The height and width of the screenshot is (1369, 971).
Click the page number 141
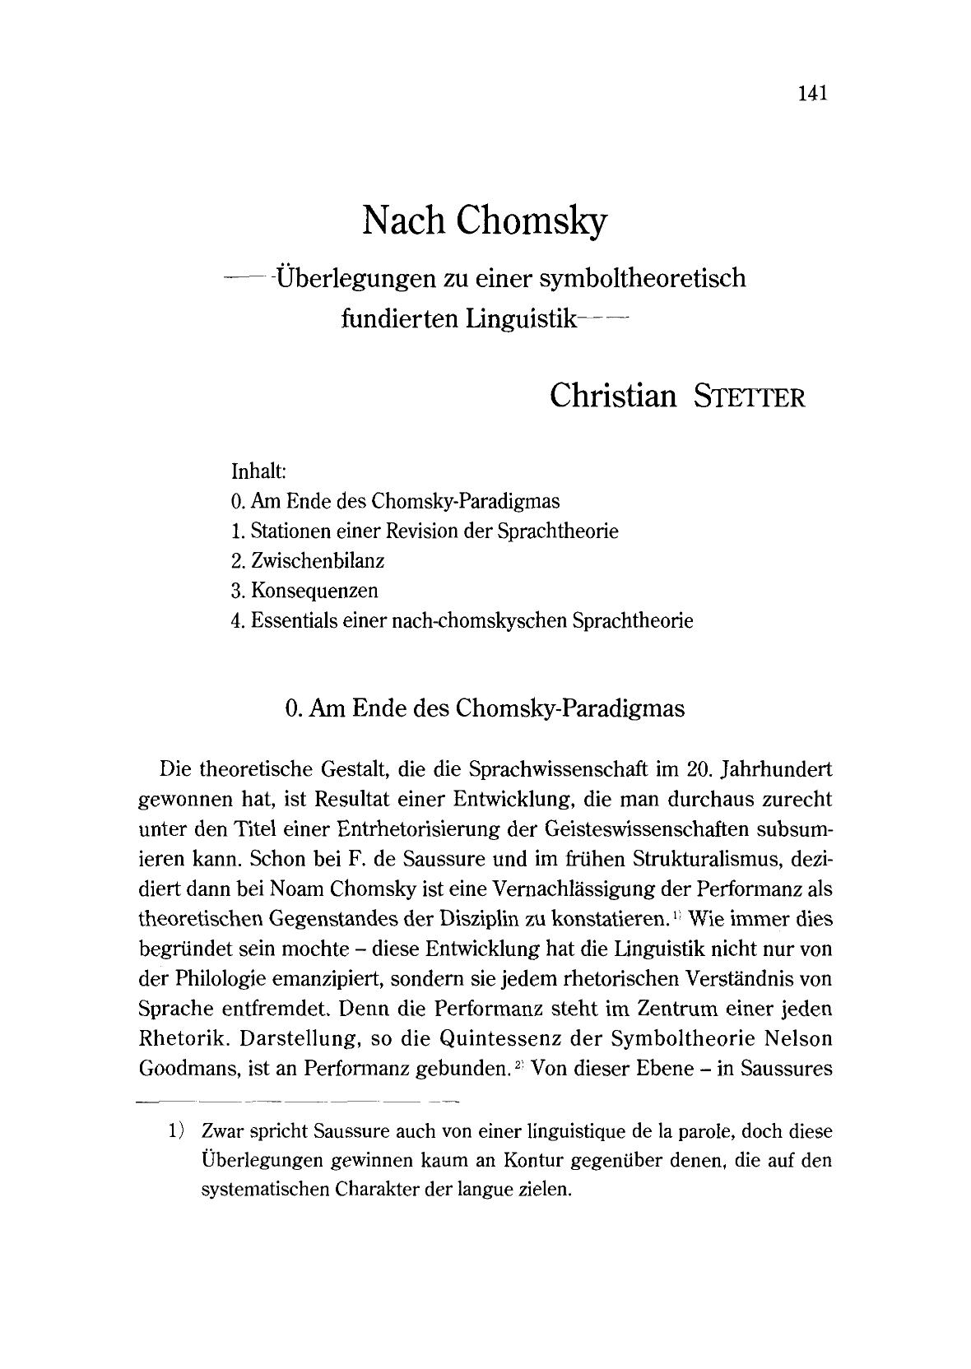pyautogui.click(x=811, y=92)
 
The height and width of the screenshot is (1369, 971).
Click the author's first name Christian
pyautogui.click(x=613, y=396)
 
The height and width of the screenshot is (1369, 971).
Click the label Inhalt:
pyautogui.click(x=258, y=472)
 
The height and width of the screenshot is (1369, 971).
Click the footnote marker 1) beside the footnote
pyautogui.click(x=175, y=1131)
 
